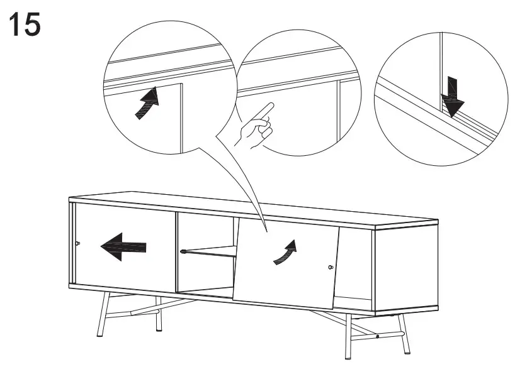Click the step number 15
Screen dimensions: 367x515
(25, 25)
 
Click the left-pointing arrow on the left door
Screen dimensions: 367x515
(123, 246)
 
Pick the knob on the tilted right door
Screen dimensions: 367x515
(331, 268)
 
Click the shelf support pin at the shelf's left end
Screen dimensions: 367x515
(183, 253)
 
